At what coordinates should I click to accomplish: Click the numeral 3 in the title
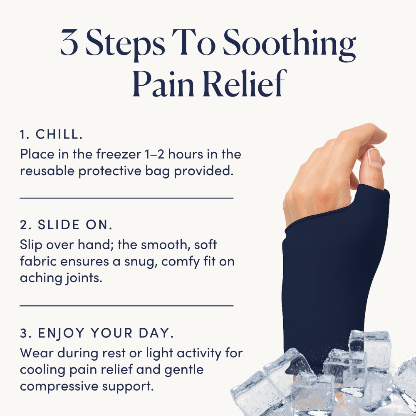tap(69, 42)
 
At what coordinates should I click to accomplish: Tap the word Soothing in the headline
tap(289, 45)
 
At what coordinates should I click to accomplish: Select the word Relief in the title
tap(245, 83)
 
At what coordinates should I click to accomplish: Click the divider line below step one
tap(126, 198)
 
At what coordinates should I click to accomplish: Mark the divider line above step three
tap(126, 306)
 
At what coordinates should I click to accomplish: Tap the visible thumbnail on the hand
tap(375, 158)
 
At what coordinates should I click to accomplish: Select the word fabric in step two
tap(38, 261)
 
